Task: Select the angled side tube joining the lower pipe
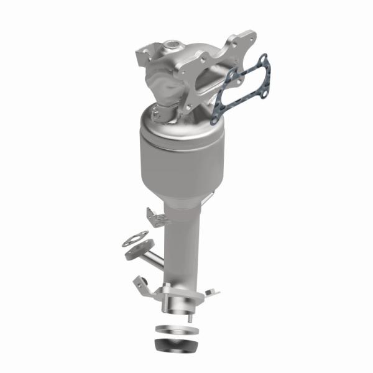click(152, 256)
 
